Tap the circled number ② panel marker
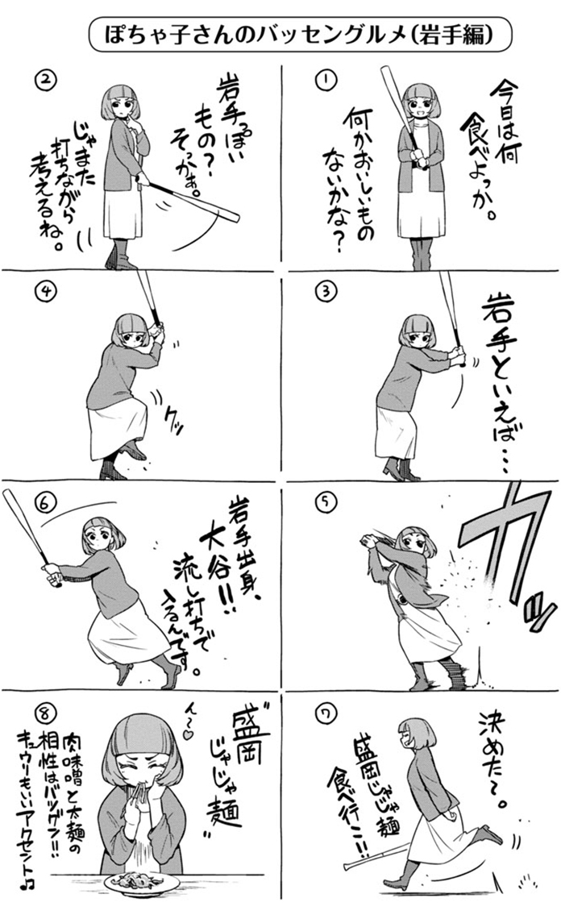tap(46, 81)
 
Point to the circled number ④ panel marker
tap(45, 291)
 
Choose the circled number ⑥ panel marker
tap(45, 504)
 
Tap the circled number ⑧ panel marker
tap(45, 713)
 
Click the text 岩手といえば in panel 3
tap(497, 381)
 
